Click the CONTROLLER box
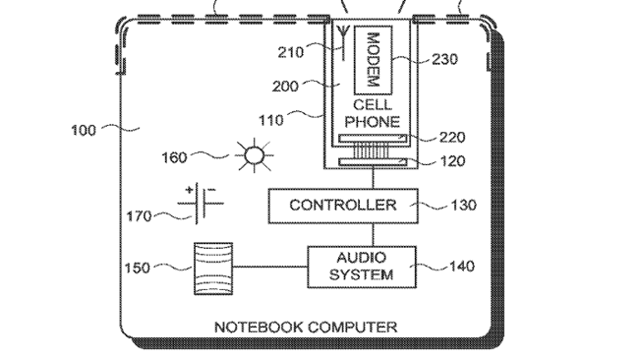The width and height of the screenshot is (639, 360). tap(343, 206)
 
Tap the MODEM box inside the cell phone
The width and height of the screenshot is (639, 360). tap(373, 59)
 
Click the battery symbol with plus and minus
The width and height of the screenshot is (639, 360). tap(201, 204)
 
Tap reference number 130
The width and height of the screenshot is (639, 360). tap(463, 206)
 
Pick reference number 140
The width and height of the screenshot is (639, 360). tap(461, 266)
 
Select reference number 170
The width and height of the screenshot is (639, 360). tap(139, 215)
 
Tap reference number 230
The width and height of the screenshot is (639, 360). tap(445, 59)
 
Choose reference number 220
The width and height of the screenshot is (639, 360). tap(452, 138)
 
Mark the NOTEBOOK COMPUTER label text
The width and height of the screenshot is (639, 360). tap(306, 326)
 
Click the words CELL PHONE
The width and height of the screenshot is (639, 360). tap(373, 113)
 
